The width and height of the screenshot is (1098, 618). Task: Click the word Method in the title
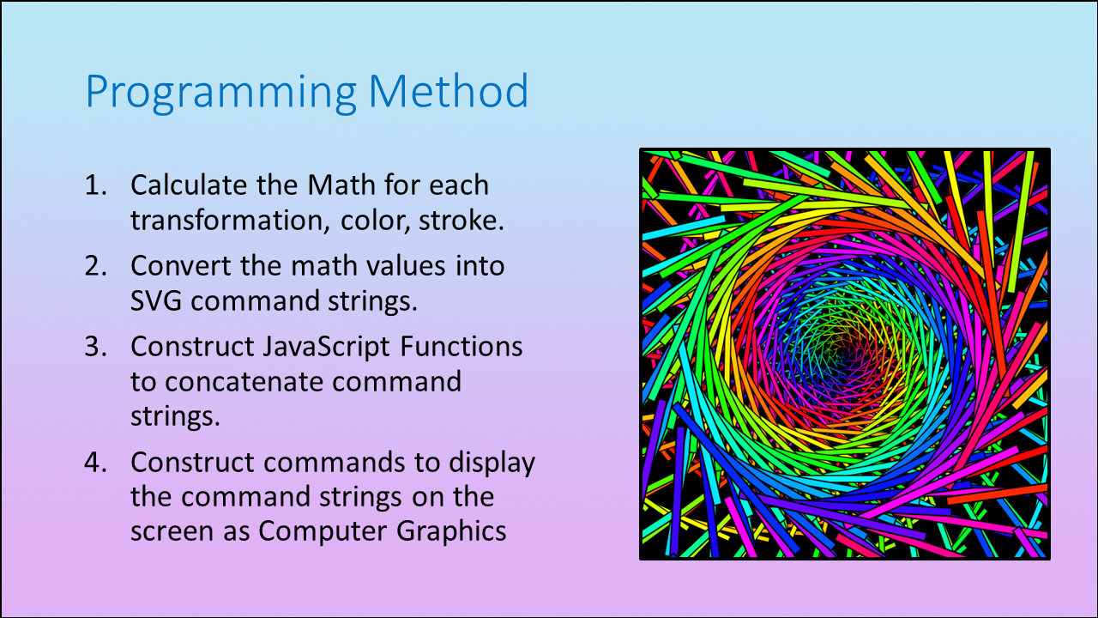pos(449,91)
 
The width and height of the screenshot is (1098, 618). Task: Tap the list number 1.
pos(95,185)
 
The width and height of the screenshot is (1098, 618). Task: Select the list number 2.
pos(95,266)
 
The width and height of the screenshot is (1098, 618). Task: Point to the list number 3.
pos(95,346)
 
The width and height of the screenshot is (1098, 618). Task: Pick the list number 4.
pos(95,462)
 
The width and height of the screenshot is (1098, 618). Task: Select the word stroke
pos(462,221)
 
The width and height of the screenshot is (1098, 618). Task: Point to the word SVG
pos(156,300)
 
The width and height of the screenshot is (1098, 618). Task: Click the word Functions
pos(462,346)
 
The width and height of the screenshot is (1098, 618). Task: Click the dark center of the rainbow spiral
pos(844,354)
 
